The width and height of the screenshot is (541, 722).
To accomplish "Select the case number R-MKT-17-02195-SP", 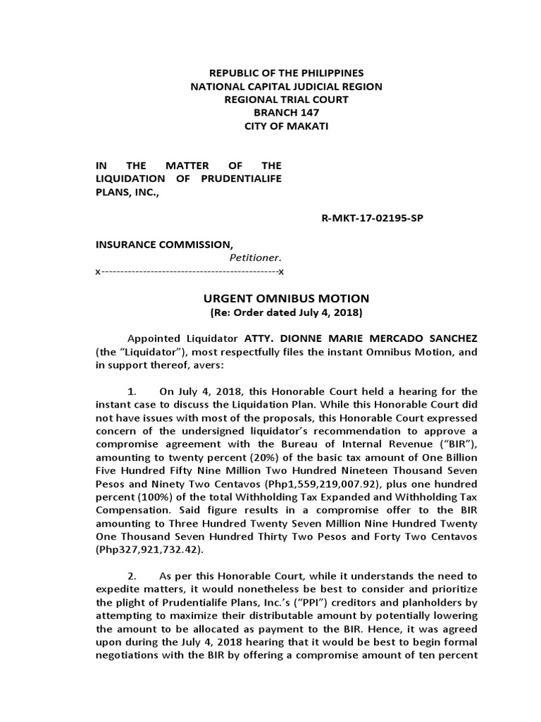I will (x=372, y=218).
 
